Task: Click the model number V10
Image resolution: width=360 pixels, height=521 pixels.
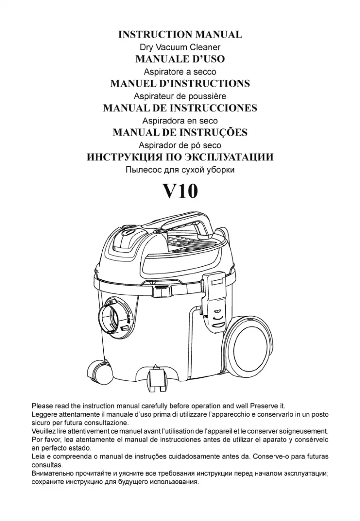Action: pyautogui.click(x=180, y=191)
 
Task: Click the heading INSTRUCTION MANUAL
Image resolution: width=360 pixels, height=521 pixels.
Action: pyautogui.click(x=180, y=34)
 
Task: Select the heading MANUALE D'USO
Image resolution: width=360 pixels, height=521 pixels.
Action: pyautogui.click(x=180, y=59)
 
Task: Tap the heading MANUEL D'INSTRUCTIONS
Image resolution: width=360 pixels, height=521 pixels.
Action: pyautogui.click(x=180, y=84)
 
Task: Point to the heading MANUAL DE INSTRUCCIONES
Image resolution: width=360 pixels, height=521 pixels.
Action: pyautogui.click(x=180, y=108)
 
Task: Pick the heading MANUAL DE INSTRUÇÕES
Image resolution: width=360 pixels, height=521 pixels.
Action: pyautogui.click(x=180, y=132)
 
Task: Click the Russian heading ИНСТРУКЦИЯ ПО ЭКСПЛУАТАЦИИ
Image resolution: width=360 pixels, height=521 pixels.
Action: pyautogui.click(x=180, y=157)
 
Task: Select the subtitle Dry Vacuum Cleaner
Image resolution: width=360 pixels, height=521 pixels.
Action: pyautogui.click(x=180, y=47)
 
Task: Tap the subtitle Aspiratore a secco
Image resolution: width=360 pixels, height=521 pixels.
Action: pyautogui.click(x=180, y=72)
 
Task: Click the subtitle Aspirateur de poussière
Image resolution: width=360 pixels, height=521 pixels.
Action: pyautogui.click(x=180, y=97)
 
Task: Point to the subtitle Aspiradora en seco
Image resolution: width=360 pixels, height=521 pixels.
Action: pyautogui.click(x=180, y=121)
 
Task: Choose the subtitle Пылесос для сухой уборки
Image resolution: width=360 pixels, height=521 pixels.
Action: pyautogui.click(x=180, y=170)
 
